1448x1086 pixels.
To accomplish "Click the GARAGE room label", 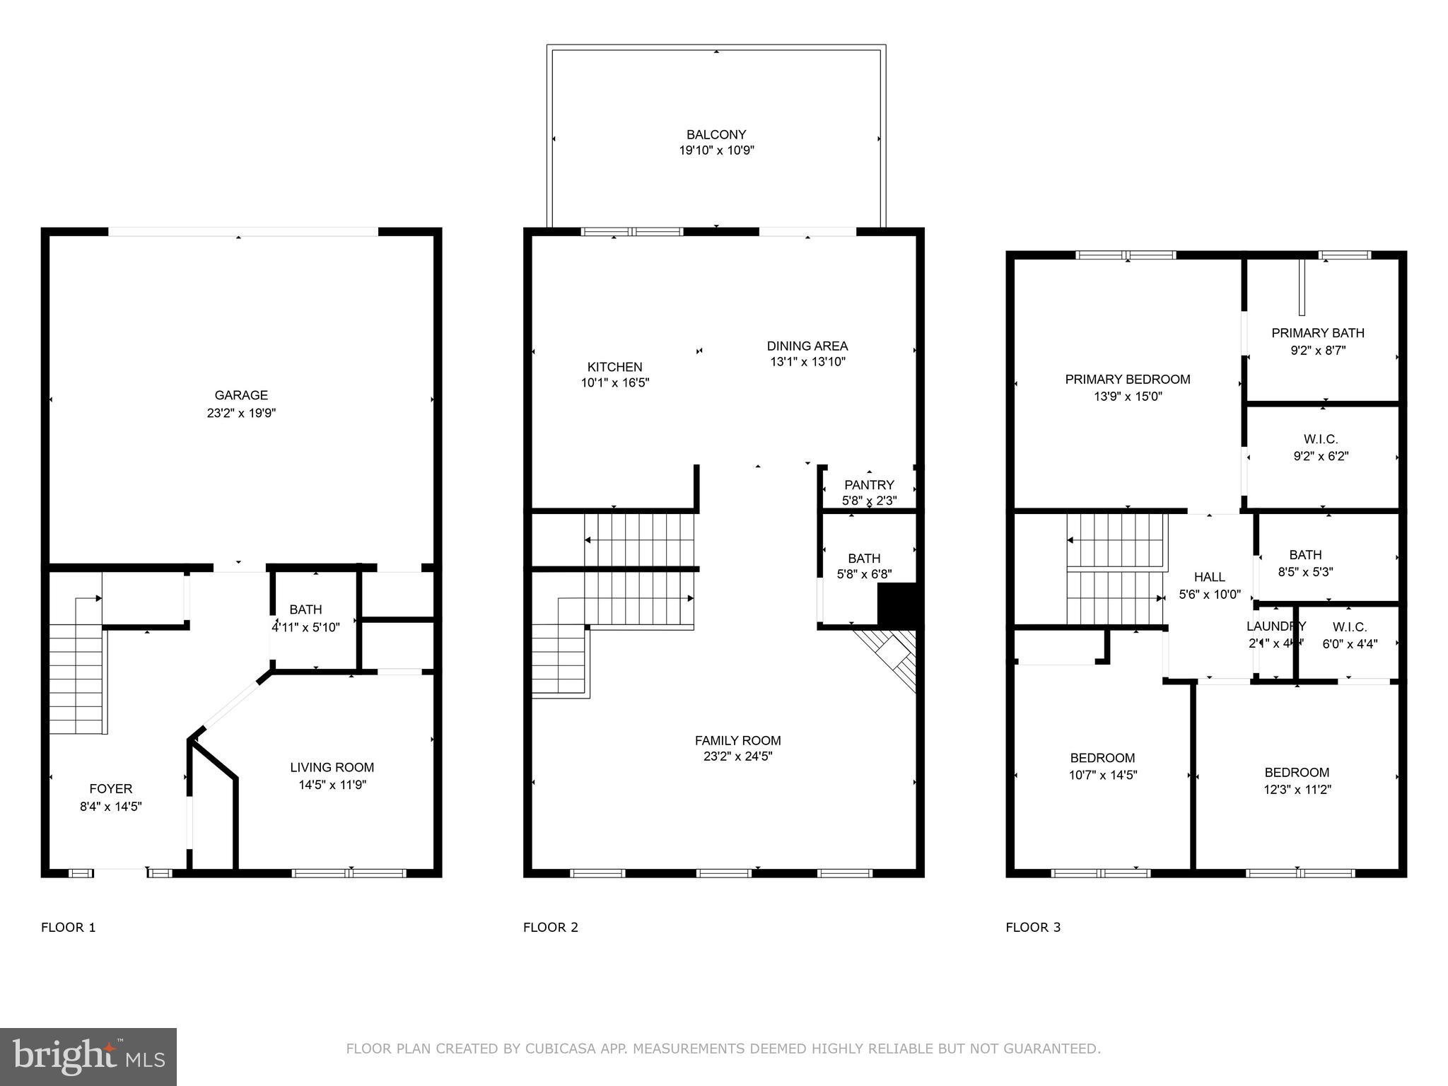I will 241,395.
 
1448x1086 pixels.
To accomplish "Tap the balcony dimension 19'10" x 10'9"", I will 716,151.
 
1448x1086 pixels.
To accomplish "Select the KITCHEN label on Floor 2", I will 614,367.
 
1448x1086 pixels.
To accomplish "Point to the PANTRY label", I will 869,485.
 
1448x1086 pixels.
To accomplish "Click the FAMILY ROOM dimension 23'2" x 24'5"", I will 737,757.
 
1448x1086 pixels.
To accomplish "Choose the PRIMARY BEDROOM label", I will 1127,380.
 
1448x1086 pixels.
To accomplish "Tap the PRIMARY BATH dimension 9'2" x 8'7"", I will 1317,350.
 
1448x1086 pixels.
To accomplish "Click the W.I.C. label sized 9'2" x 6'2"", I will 1320,440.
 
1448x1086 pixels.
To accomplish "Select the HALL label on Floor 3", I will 1209,577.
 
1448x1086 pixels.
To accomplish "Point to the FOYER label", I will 110,789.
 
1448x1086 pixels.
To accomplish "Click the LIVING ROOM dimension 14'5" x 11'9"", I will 332,785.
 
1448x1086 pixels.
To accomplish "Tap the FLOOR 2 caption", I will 550,928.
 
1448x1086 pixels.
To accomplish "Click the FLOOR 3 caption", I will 1033,928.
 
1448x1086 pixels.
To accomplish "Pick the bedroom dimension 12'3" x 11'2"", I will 1297,790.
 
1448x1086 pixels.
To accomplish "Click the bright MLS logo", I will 88,1056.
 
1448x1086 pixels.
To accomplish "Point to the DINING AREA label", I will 807,346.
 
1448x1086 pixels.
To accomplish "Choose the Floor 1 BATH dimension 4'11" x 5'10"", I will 305,627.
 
